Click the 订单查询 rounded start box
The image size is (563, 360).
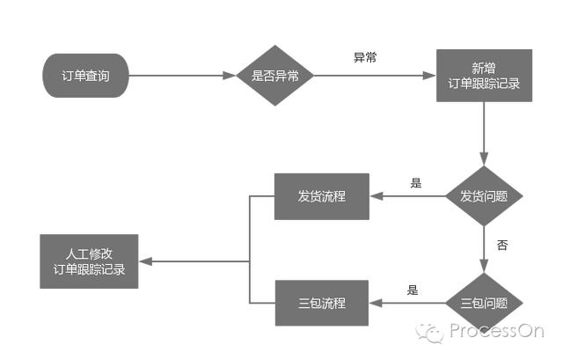(84, 76)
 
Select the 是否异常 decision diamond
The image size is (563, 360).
(275, 76)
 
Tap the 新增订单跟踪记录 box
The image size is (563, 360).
(484, 76)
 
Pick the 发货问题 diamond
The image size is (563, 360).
(484, 196)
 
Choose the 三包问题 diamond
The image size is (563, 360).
(484, 304)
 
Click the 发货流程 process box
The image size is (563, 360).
(321, 196)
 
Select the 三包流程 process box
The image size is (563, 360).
(321, 304)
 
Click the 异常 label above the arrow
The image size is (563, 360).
(366, 57)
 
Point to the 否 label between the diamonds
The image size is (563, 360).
(501, 246)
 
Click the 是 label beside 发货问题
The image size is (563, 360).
(415, 183)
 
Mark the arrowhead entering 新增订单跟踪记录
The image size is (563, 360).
(431, 76)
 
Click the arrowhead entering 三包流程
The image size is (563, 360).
(376, 304)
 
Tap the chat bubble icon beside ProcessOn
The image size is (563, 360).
(430, 333)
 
